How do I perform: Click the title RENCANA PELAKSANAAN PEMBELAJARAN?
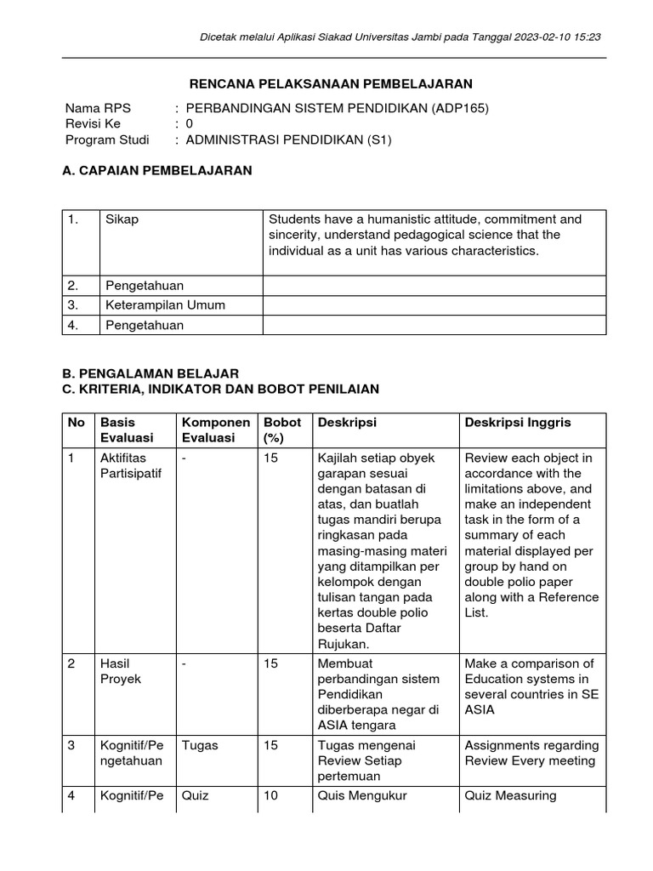(x=329, y=83)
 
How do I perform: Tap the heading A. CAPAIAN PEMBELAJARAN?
(x=157, y=170)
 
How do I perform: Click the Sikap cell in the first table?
(x=122, y=219)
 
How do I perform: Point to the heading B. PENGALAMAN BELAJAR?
(x=150, y=373)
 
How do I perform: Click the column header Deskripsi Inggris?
(x=518, y=423)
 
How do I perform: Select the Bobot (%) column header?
(x=282, y=430)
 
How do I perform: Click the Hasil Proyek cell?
(x=121, y=671)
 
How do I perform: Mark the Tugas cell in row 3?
(x=200, y=745)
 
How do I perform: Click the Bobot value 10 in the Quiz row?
(x=270, y=796)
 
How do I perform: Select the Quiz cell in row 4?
(x=195, y=796)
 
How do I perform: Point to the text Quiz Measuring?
(x=510, y=796)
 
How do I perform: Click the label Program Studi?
(x=107, y=140)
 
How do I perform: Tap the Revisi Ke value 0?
(x=190, y=124)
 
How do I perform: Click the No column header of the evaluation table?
(x=77, y=423)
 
